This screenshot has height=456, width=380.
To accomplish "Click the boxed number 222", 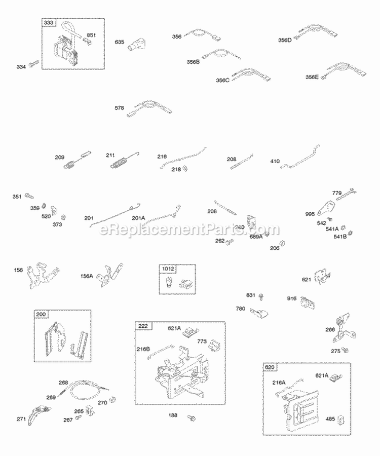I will pyautogui.click(x=142, y=325).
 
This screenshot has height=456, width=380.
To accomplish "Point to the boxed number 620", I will pyautogui.click(x=271, y=367).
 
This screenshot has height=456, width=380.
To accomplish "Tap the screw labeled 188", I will pyautogui.click(x=192, y=417).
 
